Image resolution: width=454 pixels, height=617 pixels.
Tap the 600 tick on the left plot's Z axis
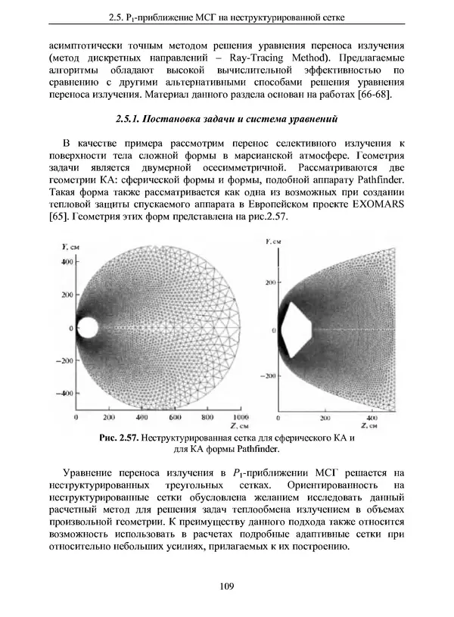coord(175,417)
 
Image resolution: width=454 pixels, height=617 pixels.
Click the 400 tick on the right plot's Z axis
coord(372,417)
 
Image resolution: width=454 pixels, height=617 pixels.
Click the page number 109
coord(226,585)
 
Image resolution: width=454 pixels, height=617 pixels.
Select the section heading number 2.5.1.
coord(130,119)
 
